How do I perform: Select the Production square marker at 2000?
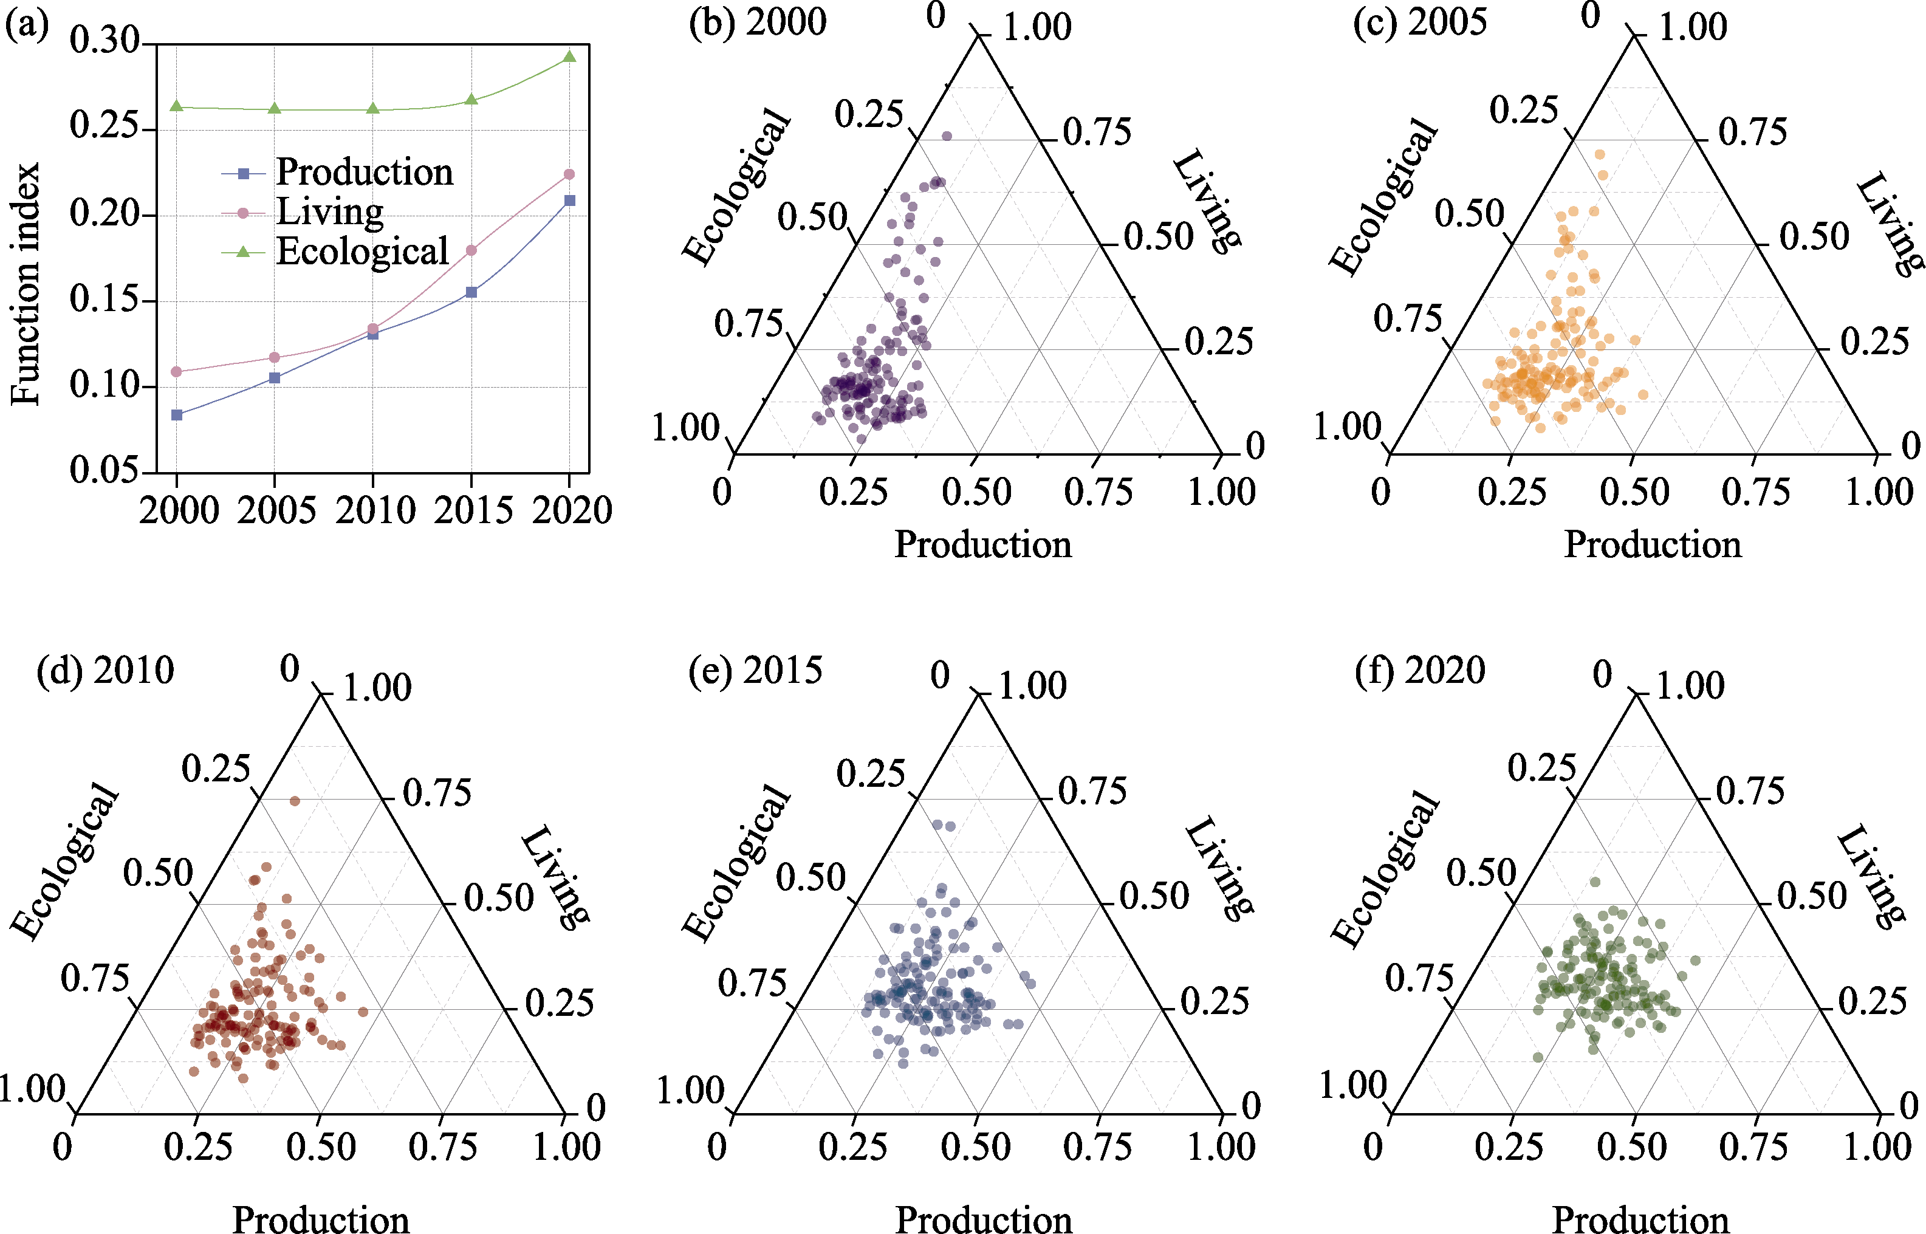177,415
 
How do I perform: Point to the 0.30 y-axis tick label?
104,40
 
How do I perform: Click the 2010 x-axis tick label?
374,510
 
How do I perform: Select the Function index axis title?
25,284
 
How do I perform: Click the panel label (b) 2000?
757,22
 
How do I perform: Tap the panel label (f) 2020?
1420,670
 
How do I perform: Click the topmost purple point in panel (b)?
947,136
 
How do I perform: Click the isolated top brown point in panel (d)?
295,801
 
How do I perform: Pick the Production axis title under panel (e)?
983,1219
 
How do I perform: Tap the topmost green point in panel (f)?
1594,882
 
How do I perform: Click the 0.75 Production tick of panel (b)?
1098,492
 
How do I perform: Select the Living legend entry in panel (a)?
329,212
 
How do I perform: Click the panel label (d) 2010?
105,670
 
